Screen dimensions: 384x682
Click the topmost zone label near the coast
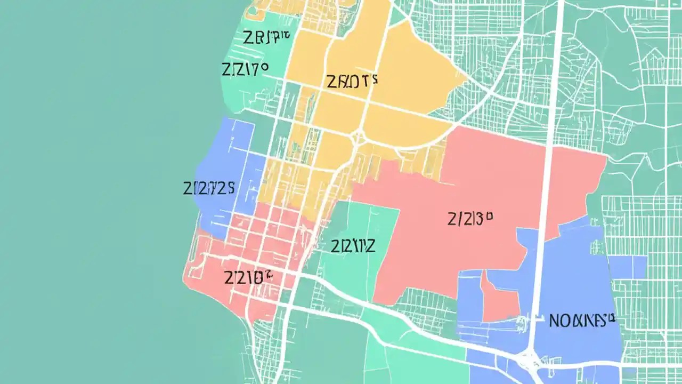point(266,38)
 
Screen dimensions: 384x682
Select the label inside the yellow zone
point(351,81)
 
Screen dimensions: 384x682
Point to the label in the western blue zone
point(209,188)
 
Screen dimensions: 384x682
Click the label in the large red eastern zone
point(469,219)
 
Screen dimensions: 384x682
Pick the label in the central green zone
point(353,246)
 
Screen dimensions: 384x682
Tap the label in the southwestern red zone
point(248,277)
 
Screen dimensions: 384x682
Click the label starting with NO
point(582,320)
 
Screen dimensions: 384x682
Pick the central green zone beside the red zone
point(362,224)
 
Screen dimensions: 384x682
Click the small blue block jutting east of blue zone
point(629,267)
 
